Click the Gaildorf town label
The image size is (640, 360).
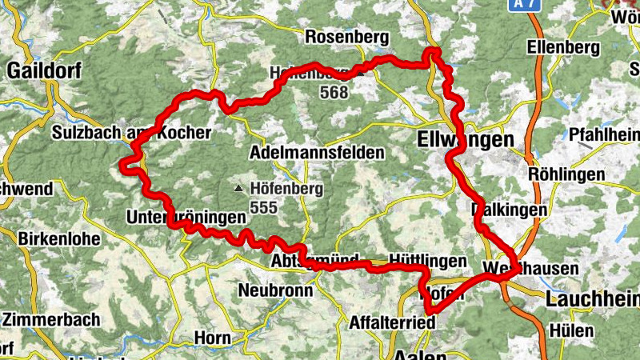45,70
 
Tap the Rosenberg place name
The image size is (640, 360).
346,38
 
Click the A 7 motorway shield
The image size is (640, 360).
524,5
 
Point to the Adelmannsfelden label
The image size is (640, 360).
317,152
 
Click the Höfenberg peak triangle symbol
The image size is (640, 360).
238,190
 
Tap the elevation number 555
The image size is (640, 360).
263,206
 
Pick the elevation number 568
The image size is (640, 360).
333,92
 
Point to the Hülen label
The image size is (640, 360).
571,330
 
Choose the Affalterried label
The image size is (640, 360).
393,322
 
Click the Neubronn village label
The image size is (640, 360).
275,290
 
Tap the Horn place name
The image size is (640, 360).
212,338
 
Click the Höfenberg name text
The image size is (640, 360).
286,190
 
